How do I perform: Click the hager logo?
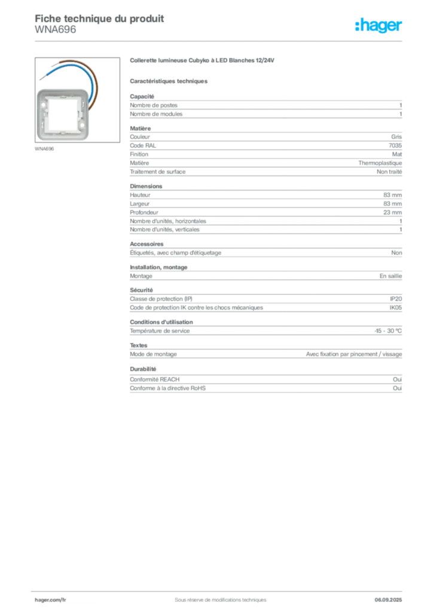point(379,26)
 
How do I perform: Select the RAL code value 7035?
point(395,146)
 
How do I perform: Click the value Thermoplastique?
point(380,163)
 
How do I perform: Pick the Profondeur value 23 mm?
point(392,212)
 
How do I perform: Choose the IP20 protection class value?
point(396,299)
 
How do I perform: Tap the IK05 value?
point(395,308)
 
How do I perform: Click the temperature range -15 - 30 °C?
point(388,331)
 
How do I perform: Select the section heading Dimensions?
point(146,186)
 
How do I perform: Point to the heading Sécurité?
point(141,290)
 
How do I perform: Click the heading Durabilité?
point(143,369)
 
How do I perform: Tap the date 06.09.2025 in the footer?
point(388,600)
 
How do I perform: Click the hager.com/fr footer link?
point(50,600)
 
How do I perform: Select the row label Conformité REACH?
point(155,380)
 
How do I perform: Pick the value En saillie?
point(391,276)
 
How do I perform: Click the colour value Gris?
point(397,137)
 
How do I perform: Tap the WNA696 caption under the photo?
point(44,149)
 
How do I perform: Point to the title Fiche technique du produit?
point(99,19)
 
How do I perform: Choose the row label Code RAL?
point(143,146)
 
